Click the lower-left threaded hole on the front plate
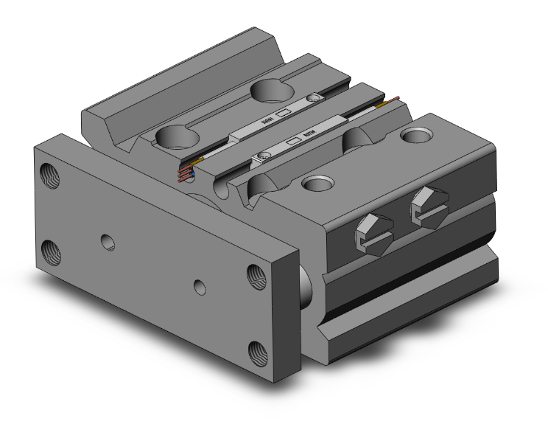pos(52,248)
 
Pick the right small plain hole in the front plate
pos(198,285)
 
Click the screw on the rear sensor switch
pos(315,98)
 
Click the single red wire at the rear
pos(394,100)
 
